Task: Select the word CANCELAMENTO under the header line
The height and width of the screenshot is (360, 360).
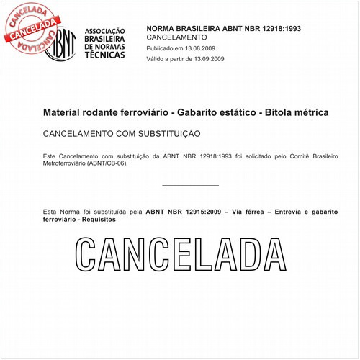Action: [176, 36]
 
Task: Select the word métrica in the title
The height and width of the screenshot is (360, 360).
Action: [314, 113]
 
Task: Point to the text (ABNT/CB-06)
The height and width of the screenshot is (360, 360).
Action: [106, 163]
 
